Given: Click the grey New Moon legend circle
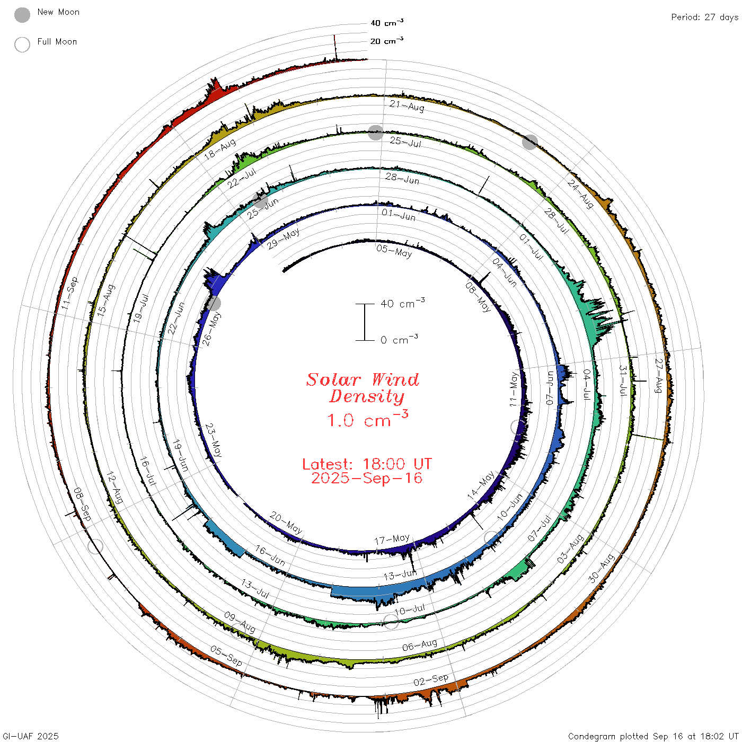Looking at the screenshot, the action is pos(22,15).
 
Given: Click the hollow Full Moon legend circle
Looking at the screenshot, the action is pos(22,45).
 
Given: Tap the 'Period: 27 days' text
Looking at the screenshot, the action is pos(704,17).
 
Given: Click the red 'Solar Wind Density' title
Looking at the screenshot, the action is pos(363,388).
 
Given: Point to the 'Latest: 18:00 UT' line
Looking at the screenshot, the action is pos(367,464).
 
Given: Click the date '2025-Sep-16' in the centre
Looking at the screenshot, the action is pos(367,478).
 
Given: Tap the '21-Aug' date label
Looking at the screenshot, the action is pos(407,106).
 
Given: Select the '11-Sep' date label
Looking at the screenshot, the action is pos(69,293).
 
